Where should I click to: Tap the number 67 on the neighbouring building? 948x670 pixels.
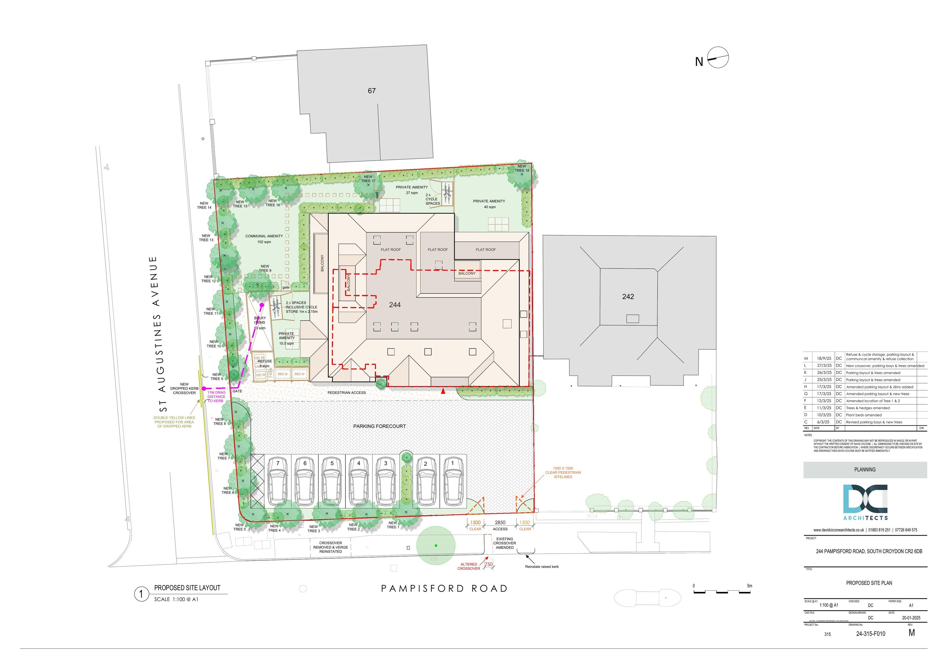[x=372, y=91]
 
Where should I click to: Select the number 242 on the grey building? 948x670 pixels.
[x=628, y=297]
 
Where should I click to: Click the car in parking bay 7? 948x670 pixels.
[x=278, y=483]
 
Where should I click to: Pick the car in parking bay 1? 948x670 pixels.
[x=453, y=483]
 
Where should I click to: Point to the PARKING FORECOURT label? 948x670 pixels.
[x=380, y=426]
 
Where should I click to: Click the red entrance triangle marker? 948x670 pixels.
[x=443, y=391]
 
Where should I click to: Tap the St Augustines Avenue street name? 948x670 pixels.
[x=158, y=334]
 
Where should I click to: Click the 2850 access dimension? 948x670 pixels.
[x=500, y=523]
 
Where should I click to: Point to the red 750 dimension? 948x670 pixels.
[x=489, y=565]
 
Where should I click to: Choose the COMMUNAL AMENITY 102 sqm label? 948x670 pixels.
[x=264, y=239]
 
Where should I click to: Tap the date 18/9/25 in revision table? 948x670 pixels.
[x=824, y=358]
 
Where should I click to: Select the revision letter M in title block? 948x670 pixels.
[x=912, y=633]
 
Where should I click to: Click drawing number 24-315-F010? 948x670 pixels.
[x=870, y=634]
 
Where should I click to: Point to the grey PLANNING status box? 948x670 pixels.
[x=865, y=470]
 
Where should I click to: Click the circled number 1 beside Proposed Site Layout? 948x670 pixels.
[x=141, y=594]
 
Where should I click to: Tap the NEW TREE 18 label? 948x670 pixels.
[x=522, y=168]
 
